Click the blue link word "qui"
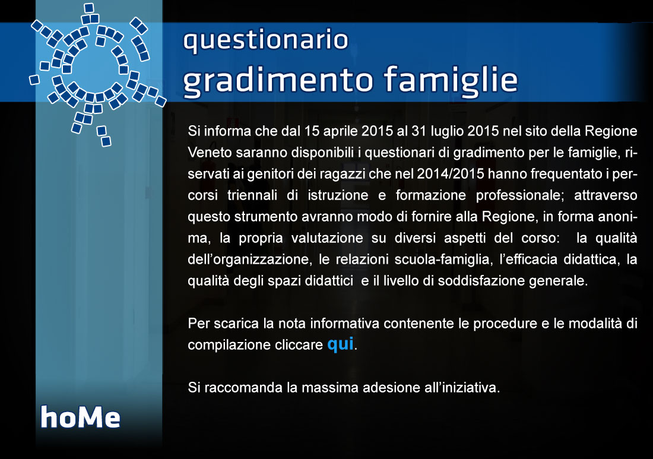coord(340,344)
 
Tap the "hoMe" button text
coord(80,417)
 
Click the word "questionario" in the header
coord(266,40)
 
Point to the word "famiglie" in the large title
coord(450,79)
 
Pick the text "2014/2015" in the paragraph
coord(450,174)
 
